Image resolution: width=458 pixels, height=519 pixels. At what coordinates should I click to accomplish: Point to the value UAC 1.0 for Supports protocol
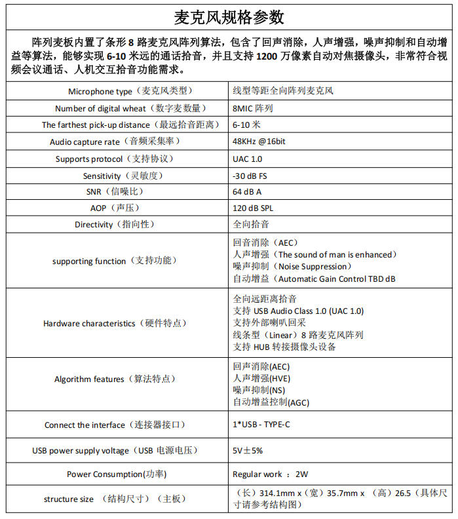pos(247,159)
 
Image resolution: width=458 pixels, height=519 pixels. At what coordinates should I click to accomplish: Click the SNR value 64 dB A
pos(247,192)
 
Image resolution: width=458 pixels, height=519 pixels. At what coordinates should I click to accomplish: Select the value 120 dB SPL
pos(252,208)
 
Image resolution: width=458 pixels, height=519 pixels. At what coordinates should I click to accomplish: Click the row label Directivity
pos(115,225)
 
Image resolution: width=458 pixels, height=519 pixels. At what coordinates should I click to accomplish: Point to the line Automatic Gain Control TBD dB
pos(315,279)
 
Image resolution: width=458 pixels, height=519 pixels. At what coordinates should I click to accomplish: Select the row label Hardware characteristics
pos(115,323)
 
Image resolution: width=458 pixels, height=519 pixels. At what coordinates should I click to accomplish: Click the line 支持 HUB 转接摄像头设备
pos(284,347)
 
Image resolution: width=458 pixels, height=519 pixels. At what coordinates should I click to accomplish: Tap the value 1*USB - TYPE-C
pos(261,425)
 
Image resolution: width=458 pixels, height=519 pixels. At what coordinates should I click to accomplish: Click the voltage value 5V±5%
pos(248,451)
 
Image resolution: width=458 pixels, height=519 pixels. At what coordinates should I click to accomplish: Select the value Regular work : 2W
pos(270,474)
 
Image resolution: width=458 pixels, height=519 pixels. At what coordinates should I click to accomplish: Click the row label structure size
pos(115,499)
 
